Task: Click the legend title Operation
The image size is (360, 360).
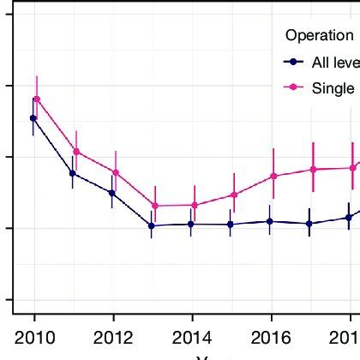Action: [x=319, y=35]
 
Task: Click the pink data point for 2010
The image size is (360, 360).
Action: [x=37, y=99]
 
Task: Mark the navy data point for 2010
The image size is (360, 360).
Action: [x=33, y=118]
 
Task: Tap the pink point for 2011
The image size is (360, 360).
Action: [x=76, y=152]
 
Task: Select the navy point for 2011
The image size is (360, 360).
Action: [x=73, y=173]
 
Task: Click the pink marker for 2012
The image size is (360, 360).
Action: [x=116, y=172]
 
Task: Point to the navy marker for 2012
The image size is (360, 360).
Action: [x=112, y=193]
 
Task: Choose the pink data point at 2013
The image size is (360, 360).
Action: [x=155, y=206]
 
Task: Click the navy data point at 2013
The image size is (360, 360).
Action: [x=152, y=225]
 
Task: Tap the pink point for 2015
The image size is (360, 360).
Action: [x=234, y=195]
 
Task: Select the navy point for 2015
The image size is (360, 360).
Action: [x=231, y=225]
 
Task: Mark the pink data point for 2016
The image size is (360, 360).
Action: [x=273, y=176]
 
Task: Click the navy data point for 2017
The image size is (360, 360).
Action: [x=309, y=224]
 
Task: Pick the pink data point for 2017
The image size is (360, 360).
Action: [x=313, y=169]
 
